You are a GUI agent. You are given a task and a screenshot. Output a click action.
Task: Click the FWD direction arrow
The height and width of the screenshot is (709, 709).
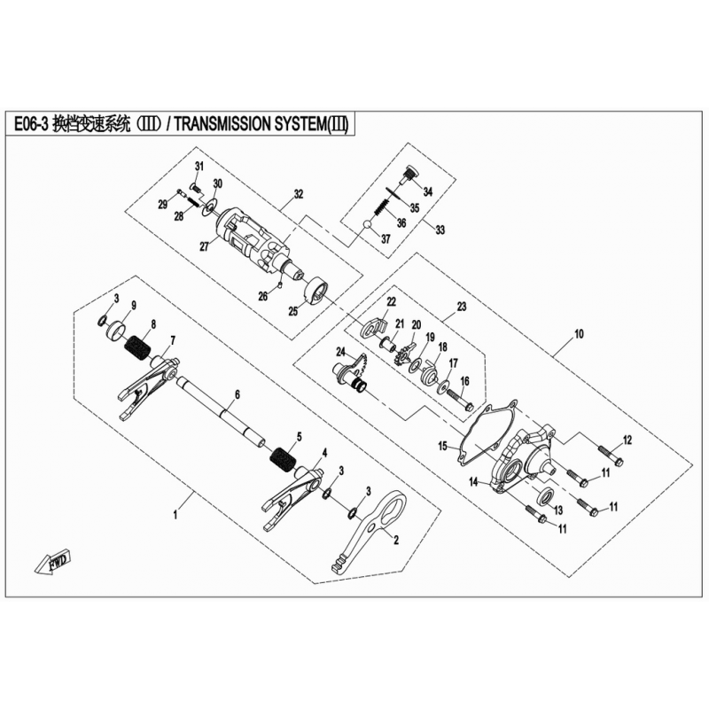pyautogui.click(x=52, y=562)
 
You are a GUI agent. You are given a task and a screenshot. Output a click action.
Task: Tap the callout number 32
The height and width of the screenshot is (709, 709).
pyautogui.click(x=298, y=194)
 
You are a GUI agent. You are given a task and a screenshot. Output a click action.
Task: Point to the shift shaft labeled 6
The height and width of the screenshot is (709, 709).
pyautogui.click(x=221, y=412)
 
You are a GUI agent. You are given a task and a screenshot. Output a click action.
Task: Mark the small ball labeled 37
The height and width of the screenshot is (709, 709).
pyautogui.click(x=367, y=225)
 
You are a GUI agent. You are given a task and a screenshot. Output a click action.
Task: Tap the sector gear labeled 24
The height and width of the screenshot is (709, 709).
pyautogui.click(x=353, y=372)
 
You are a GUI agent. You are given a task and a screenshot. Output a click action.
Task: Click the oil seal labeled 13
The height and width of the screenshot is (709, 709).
pyautogui.click(x=546, y=496)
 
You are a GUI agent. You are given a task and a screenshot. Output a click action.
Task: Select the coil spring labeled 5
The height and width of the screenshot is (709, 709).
pyautogui.click(x=284, y=459)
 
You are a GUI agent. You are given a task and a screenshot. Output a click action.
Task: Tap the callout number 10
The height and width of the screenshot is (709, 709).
pyautogui.click(x=579, y=334)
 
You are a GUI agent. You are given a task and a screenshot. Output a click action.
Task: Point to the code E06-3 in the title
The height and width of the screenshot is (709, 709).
pyautogui.click(x=31, y=124)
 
